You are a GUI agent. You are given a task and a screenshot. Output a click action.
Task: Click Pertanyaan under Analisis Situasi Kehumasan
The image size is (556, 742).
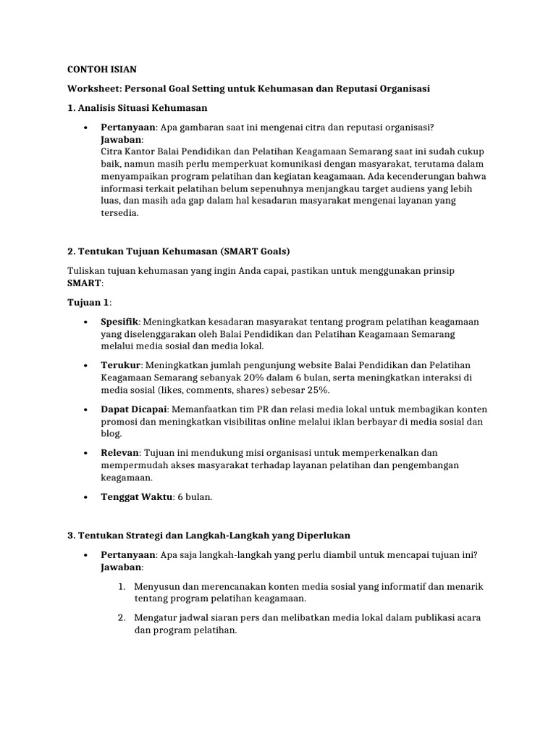click(x=128, y=127)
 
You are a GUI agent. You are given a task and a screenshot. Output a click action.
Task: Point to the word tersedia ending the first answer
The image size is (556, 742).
click(x=119, y=214)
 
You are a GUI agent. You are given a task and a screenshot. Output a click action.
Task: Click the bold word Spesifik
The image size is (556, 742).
click(x=119, y=321)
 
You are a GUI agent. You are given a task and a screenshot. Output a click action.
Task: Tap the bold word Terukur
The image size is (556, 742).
click(x=119, y=365)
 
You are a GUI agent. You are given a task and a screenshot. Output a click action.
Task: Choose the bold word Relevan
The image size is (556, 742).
click(x=119, y=453)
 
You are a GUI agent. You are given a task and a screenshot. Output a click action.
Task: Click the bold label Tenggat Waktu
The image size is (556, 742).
click(x=135, y=498)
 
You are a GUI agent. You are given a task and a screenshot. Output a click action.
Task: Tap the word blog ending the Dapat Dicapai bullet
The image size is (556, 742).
click(x=111, y=434)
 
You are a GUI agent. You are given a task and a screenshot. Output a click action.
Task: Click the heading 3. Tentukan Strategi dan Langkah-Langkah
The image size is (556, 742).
click(x=208, y=535)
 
